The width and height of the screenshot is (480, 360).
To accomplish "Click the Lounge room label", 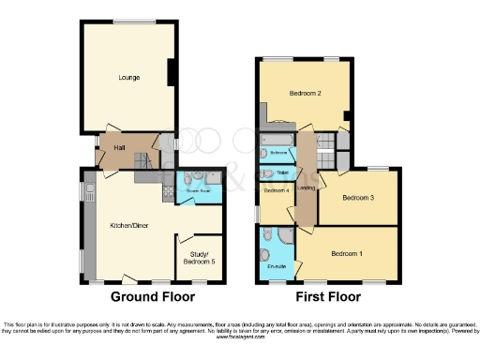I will pyautogui.click(x=128, y=78).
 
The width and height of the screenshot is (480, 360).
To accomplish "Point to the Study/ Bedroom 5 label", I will pyautogui.click(x=199, y=257).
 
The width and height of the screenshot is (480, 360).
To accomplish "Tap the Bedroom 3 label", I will pyautogui.click(x=358, y=198).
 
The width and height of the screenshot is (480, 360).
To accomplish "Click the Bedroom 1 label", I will pyautogui.click(x=348, y=253).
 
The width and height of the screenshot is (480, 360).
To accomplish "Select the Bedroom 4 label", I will pyautogui.click(x=276, y=191).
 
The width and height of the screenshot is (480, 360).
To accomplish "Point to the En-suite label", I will pyautogui.click(x=276, y=267).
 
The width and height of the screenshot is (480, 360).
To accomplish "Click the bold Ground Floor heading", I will pyautogui.click(x=153, y=297).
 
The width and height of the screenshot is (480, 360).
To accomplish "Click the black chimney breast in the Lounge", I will pyautogui.click(x=172, y=76).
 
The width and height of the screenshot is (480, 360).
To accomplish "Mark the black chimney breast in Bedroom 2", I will pyautogui.click(x=347, y=118).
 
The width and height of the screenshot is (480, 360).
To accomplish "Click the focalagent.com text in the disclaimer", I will pyautogui.click(x=240, y=337).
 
